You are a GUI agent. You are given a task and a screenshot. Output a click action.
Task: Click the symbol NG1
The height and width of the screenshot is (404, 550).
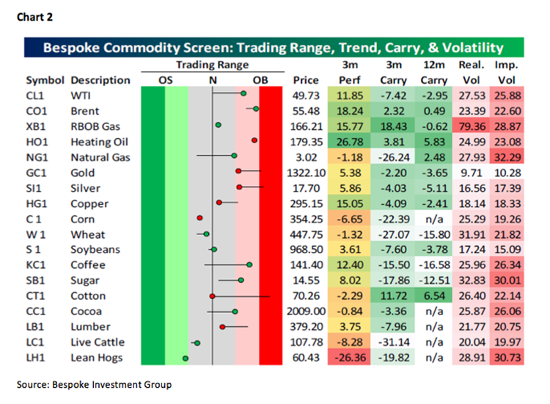point(38,156)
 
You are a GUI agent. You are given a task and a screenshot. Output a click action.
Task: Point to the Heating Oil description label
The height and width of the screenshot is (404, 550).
point(98,141)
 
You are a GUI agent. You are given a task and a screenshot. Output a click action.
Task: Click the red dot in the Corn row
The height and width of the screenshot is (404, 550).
point(199,218)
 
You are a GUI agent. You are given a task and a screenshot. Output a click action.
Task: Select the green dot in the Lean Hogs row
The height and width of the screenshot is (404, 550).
point(185,358)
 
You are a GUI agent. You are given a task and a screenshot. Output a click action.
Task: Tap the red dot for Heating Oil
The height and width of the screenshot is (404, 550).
point(254,140)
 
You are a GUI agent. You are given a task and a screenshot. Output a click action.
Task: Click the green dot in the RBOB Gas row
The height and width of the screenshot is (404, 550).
point(218,126)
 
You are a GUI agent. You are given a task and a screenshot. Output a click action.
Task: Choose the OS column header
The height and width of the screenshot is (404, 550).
point(165,79)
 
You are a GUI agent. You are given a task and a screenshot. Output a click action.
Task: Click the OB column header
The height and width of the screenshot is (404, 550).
point(260,79)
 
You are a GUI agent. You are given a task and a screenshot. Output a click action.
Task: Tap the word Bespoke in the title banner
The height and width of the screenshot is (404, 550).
point(72,48)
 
